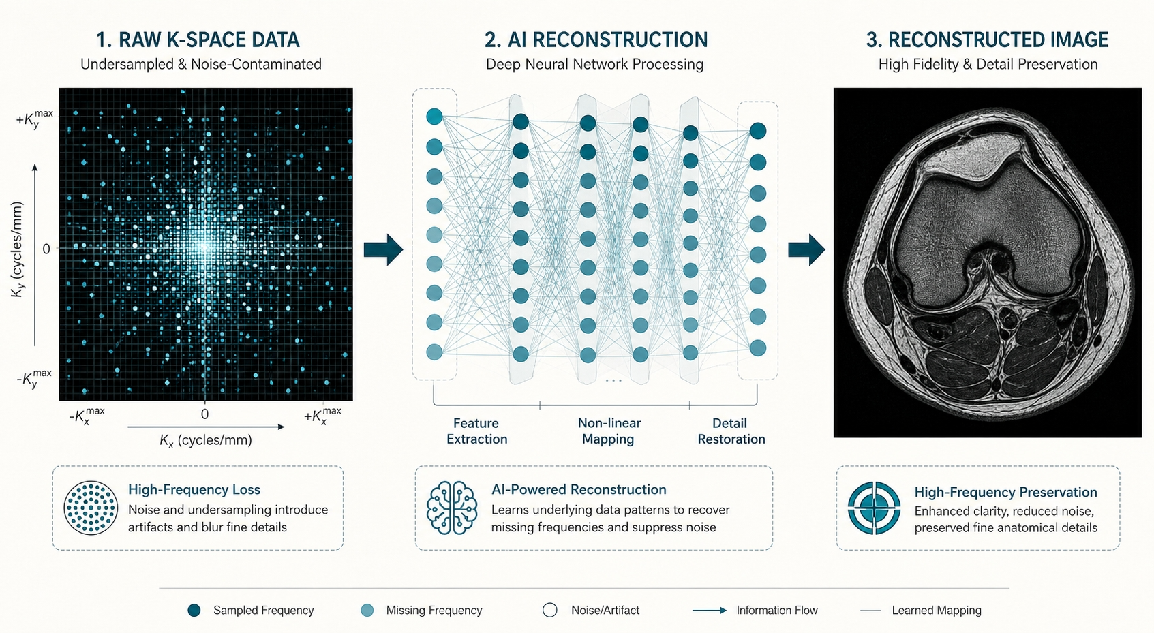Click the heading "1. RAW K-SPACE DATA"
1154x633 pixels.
[x=198, y=40]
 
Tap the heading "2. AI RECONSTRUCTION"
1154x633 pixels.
[x=596, y=40]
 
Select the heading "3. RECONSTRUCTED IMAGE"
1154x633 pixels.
[x=987, y=40]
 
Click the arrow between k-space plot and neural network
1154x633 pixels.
[x=383, y=250]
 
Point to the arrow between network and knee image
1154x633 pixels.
[x=807, y=250]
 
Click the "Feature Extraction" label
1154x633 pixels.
[x=476, y=431]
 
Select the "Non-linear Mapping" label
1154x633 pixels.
[x=609, y=431]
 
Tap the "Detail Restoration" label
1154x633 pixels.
[x=731, y=431]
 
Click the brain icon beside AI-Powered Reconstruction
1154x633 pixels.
[x=452, y=508]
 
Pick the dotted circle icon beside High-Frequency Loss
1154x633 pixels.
[x=91, y=508]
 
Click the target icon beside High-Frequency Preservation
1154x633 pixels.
[x=875, y=508]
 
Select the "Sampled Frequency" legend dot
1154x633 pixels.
[x=194, y=611]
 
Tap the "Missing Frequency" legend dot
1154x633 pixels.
[x=367, y=611]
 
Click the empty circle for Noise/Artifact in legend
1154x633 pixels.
[x=549, y=611]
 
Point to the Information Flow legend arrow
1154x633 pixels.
[x=710, y=611]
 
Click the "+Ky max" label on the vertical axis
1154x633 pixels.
[x=35, y=119]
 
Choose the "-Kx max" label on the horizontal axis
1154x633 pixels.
[x=87, y=416]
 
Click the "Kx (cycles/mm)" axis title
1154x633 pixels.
[x=206, y=440]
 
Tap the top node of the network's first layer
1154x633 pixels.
[x=434, y=117]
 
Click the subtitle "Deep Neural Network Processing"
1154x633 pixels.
[x=594, y=64]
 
